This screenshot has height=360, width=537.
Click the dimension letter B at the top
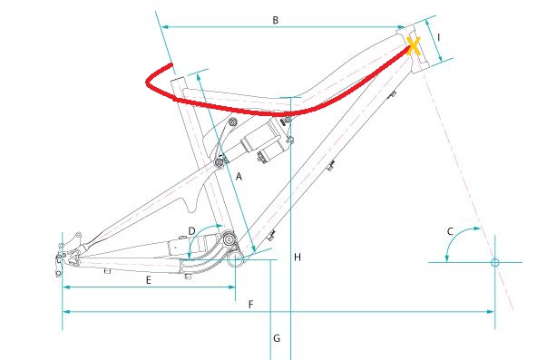click(x=276, y=20)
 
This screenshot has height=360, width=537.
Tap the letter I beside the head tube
click(x=439, y=37)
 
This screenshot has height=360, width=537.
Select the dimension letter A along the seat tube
click(x=239, y=177)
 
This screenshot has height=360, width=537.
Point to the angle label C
click(x=450, y=231)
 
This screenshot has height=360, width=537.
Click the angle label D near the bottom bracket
click(x=191, y=231)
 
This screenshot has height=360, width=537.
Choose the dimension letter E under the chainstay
click(x=148, y=280)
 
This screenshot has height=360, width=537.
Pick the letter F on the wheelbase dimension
click(x=251, y=304)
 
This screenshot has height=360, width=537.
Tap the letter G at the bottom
click(x=277, y=338)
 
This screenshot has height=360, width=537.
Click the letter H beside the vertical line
click(x=298, y=258)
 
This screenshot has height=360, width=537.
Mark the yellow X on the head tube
click(x=414, y=46)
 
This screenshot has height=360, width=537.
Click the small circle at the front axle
click(x=495, y=262)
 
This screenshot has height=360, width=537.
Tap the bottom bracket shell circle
click(x=236, y=259)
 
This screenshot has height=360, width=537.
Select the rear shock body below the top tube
click(x=263, y=141)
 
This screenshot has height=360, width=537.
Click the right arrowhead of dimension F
click(x=491, y=312)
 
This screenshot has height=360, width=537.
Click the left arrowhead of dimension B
click(x=165, y=26)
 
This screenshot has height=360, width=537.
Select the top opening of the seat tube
click(x=178, y=80)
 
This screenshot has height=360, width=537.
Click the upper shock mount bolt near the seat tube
click(x=232, y=122)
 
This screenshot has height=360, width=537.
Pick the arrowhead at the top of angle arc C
click(x=476, y=229)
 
